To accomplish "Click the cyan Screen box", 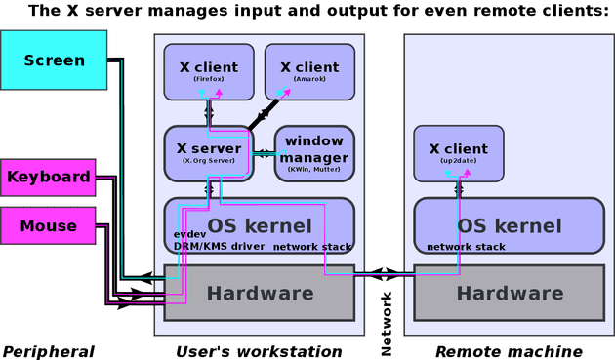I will [55, 60].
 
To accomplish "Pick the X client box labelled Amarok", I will [309, 71].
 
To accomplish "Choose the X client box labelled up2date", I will [459, 153].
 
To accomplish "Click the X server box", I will [208, 152].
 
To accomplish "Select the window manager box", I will [313, 152].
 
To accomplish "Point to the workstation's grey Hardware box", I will [259, 293].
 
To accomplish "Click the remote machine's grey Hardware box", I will [510, 293].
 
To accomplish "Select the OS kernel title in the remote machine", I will [510, 225].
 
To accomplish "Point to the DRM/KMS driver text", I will [220, 247].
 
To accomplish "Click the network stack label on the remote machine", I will [466, 247].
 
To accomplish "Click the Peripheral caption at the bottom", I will [49, 350].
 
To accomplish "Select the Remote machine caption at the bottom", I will [509, 350].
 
